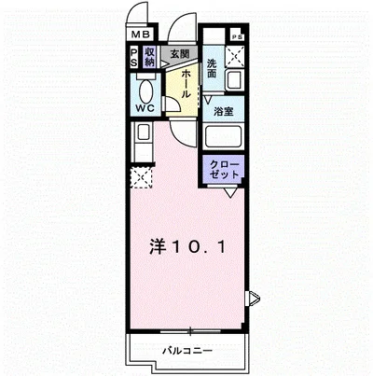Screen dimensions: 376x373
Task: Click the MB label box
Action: point(136,37)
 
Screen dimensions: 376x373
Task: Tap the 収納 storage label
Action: point(149,57)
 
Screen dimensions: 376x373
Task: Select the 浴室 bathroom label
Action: point(224,110)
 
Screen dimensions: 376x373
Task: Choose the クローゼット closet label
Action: point(225,171)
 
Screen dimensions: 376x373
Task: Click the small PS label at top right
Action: point(237,36)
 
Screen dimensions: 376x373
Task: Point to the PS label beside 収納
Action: point(134,57)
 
